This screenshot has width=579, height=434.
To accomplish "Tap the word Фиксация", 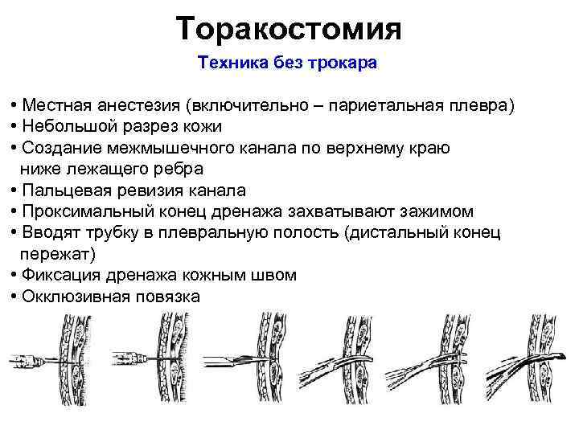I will [59, 276].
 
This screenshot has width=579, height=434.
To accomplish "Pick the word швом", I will [275, 276].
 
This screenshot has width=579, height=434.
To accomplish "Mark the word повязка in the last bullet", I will [165, 297].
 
